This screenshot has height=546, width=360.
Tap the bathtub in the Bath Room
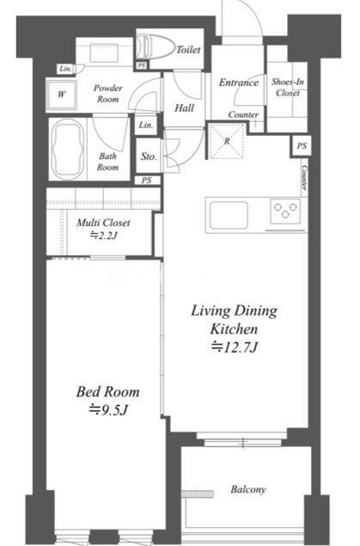68,149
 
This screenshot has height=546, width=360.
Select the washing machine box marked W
62,95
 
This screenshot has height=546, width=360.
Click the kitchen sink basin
229,215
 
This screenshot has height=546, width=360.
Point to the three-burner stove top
285,211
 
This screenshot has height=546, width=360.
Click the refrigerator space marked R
227,141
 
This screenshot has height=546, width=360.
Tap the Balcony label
248,489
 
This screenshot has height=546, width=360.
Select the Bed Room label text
107,392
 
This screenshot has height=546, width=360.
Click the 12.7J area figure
235,347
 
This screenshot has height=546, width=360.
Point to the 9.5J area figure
108,410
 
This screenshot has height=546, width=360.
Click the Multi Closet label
104,223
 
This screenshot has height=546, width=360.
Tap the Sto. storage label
149,156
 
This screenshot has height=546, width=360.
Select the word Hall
185,108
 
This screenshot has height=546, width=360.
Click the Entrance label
239,83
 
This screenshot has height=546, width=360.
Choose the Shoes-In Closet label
288,88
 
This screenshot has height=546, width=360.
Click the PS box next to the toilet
141,65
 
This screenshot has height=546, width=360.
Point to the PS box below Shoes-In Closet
302,146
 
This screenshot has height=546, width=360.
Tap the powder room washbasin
104,53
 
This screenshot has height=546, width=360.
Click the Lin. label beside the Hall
146,125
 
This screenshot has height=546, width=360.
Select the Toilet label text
188,50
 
